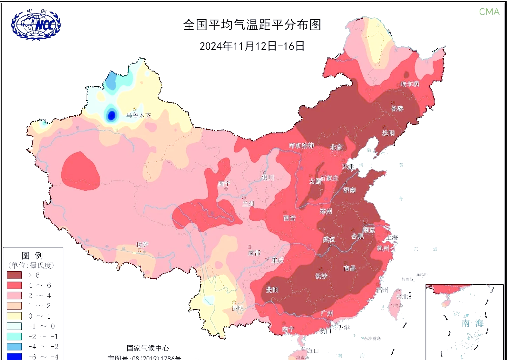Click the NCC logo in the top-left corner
point(36,25)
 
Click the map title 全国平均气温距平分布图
point(252,25)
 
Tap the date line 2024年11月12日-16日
point(252,46)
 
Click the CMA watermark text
point(489,12)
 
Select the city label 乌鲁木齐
point(139,115)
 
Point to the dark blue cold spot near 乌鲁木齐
point(111,115)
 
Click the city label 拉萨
point(142,244)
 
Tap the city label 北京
point(336,147)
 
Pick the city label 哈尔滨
point(410,84)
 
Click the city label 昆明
point(237,308)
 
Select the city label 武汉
point(329,239)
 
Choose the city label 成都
point(254,253)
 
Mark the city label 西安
point(289,218)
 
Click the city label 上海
point(392,237)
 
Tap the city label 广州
point(327,313)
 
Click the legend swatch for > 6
point(14,275)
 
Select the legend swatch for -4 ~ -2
point(14,347)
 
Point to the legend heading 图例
point(32,256)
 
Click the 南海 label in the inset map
point(472,323)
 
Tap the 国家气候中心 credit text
point(148,348)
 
